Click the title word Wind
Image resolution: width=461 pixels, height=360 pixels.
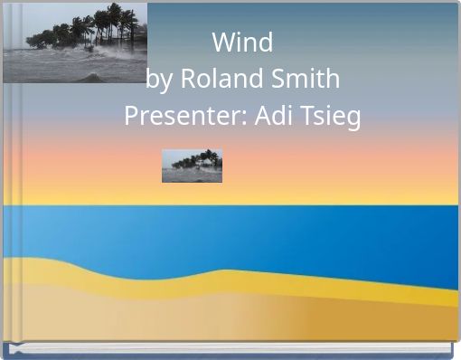(242, 43)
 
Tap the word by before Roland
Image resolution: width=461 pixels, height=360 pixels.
(160, 80)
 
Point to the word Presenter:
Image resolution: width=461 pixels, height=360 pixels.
(178, 118)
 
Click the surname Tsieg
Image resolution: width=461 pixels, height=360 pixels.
(327, 118)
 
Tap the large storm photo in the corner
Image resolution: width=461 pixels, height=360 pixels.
(75, 43)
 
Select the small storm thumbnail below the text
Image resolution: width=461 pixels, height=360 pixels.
(192, 166)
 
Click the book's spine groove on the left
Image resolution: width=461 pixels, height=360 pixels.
(8, 181)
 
